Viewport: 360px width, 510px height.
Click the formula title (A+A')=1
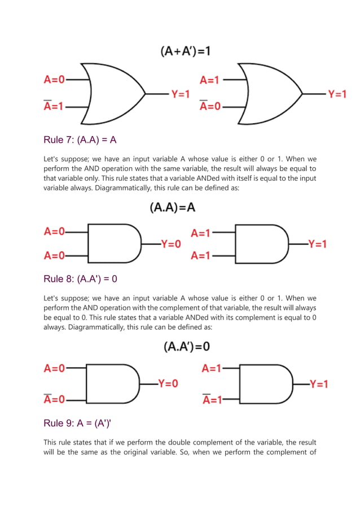(x=185, y=51)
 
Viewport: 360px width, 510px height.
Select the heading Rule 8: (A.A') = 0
(x=80, y=279)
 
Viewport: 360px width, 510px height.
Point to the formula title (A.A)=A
(x=172, y=207)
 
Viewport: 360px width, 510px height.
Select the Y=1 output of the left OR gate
(x=181, y=94)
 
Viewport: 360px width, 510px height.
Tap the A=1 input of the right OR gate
(x=209, y=80)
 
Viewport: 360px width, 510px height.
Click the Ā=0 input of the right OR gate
(x=209, y=106)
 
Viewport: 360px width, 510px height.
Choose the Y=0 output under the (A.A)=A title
(x=170, y=244)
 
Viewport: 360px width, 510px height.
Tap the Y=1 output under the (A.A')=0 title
(x=319, y=384)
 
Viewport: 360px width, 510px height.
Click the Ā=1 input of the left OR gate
(x=54, y=106)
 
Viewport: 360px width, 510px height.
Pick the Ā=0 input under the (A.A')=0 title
(x=54, y=400)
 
